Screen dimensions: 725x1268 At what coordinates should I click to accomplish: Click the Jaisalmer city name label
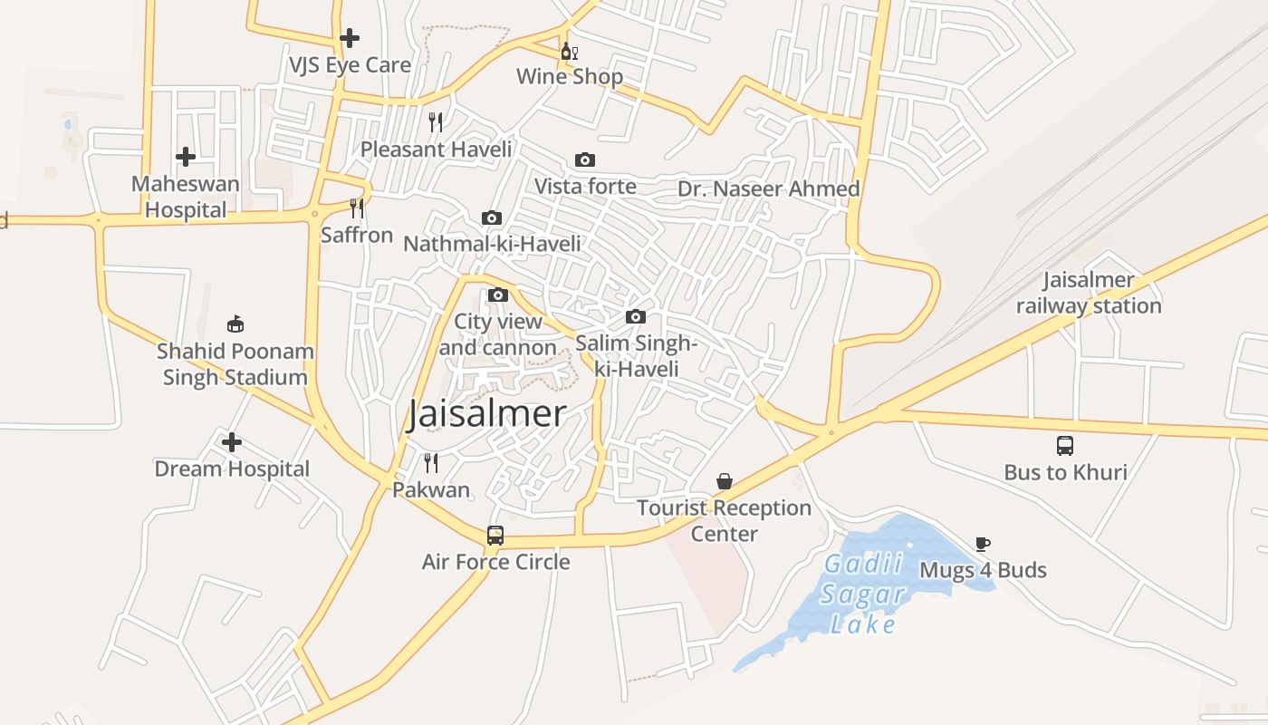487,413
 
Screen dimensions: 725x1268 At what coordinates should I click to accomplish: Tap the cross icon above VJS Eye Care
350,38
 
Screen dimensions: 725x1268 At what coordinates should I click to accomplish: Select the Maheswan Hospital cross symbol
186,157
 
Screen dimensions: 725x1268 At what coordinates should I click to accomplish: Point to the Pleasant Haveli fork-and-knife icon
436,122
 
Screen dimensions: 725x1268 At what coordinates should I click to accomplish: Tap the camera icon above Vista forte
585,160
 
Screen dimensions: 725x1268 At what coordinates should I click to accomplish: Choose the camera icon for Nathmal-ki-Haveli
492,218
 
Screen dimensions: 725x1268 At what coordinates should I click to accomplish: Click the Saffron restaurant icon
357,208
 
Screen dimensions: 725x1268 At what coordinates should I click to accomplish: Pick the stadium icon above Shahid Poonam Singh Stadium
235,324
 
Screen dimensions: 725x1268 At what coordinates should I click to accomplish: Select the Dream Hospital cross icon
232,442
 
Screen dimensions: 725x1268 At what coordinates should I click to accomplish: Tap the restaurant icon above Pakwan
431,463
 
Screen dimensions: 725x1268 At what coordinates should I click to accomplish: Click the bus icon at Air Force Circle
495,536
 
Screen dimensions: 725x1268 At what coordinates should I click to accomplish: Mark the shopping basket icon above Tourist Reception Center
725,481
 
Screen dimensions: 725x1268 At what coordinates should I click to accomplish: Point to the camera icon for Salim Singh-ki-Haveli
636,316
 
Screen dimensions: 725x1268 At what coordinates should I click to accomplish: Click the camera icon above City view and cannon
497,295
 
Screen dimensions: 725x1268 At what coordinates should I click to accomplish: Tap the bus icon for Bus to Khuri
1065,446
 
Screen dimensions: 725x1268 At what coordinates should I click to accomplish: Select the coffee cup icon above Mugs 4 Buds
983,544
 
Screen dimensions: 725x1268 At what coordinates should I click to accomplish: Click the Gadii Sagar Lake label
863,594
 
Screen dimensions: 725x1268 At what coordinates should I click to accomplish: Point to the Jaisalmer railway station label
1088,293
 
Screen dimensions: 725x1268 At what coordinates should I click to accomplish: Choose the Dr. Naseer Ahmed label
769,188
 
